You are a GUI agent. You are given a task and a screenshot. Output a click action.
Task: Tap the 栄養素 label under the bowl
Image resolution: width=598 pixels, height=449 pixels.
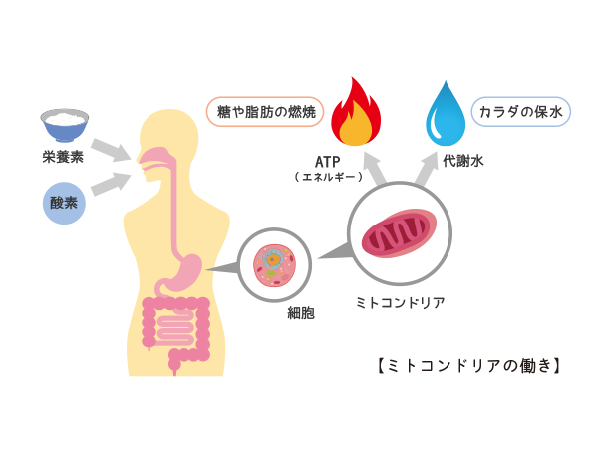[63, 157]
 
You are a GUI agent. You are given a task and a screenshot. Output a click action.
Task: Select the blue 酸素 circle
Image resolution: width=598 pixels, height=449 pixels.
[64, 203]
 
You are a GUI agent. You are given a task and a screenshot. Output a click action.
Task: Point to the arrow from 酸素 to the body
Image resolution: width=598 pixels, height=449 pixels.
[112, 185]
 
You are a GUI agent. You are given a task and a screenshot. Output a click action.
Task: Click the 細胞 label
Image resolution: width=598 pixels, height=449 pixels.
[300, 313]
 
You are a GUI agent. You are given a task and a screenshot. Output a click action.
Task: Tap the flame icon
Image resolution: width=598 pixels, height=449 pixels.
[357, 112]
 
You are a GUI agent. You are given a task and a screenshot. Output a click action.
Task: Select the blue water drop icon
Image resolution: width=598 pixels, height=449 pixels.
[446, 113]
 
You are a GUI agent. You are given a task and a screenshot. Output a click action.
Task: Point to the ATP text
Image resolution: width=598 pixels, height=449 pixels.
[328, 161]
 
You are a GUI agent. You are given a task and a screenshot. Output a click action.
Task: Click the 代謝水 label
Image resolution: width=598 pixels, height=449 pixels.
[463, 161]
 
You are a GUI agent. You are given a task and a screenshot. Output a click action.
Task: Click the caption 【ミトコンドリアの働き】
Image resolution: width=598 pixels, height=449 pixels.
[469, 365]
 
